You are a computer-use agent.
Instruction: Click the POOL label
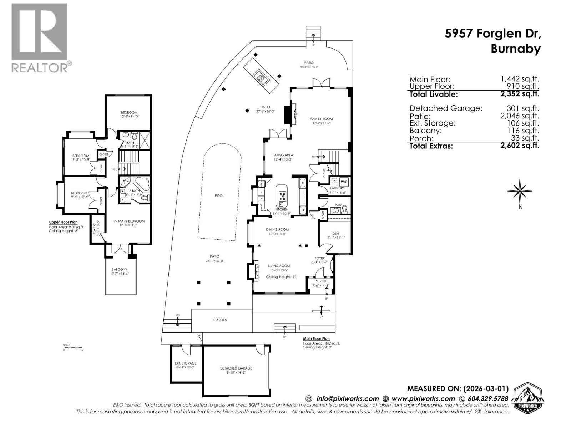pos(219,195)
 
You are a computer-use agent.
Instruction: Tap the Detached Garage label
pos(236,368)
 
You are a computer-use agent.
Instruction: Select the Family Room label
pos(321,119)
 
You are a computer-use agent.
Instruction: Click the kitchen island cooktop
pos(282,195)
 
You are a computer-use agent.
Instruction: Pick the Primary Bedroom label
pos(129,221)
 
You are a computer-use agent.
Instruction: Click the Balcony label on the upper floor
pos(119,269)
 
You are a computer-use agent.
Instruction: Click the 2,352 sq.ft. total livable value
pos(520,94)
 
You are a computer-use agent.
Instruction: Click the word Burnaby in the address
pos(515,49)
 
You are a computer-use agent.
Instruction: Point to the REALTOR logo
pos(40,37)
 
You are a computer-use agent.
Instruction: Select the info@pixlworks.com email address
pos(347,399)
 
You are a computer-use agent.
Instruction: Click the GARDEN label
pos(220,320)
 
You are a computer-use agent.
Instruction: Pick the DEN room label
pos(335,234)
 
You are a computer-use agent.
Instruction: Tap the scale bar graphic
pos(72,347)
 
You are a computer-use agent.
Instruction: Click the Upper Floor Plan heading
pos(63,223)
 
